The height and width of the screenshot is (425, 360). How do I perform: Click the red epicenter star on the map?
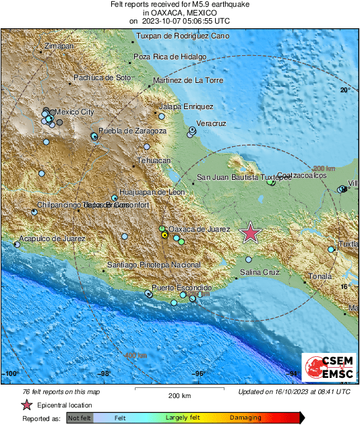click(x=251, y=232)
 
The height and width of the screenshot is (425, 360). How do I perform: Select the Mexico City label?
click(x=74, y=112)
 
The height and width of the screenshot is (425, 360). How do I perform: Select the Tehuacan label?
click(x=154, y=161)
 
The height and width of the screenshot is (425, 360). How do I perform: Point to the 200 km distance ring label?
click(x=324, y=168)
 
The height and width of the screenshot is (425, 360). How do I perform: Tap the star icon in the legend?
click(x=26, y=405)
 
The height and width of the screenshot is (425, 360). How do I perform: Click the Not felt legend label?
click(x=81, y=418)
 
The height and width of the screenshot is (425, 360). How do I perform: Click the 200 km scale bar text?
click(x=179, y=396)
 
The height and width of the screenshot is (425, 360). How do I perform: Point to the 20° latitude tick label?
click(x=345, y=90)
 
